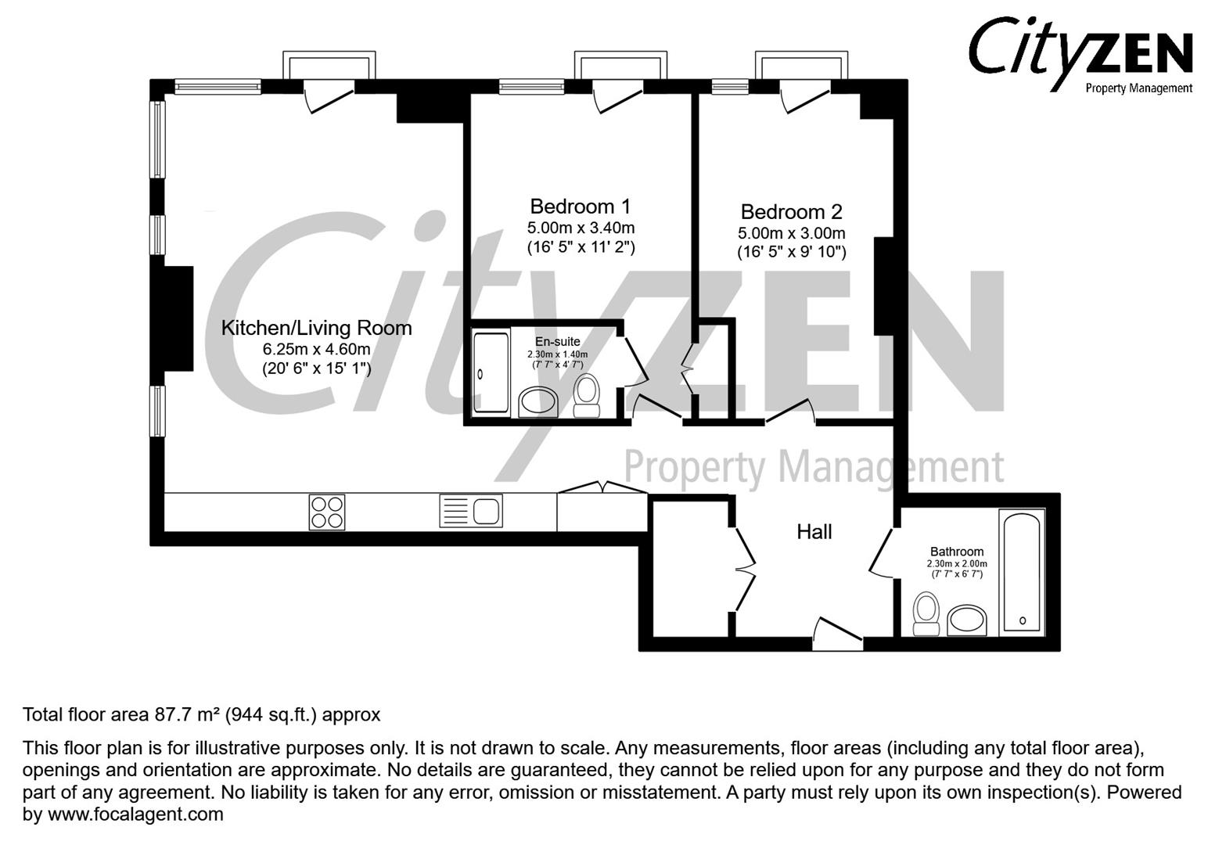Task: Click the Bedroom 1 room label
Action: [x=580, y=207]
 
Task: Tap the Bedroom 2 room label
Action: [x=791, y=211]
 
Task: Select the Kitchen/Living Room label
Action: [x=316, y=328]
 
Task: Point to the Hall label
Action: [x=814, y=532]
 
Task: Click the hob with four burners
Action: [x=327, y=512]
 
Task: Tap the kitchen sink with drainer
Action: [x=471, y=512]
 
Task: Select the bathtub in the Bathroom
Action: [x=1022, y=570]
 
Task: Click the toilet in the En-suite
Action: [x=586, y=395]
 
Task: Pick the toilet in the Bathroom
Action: [x=926, y=613]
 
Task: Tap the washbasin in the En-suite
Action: [x=537, y=402]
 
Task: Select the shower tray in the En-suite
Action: [x=491, y=372]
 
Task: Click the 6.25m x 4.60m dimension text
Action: [x=316, y=349]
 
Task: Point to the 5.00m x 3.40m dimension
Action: [x=580, y=228]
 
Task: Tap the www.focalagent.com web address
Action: [x=135, y=814]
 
